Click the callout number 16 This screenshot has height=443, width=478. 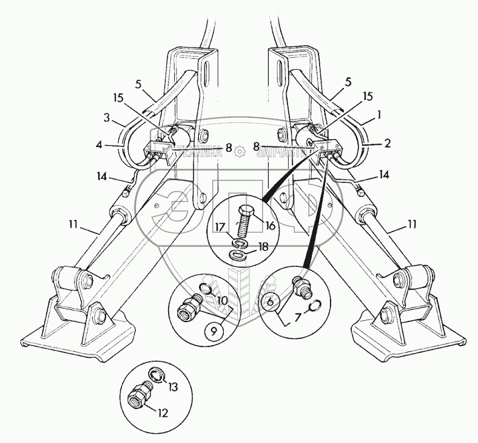coord(271,225)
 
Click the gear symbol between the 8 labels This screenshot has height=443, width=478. coord(241,149)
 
